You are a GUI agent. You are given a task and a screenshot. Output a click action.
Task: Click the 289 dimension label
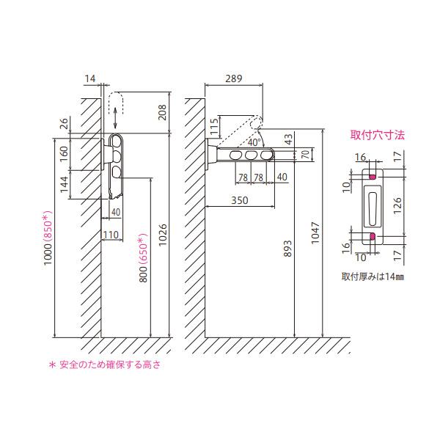click(x=233, y=78)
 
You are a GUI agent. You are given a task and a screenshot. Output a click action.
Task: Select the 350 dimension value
click(x=240, y=200)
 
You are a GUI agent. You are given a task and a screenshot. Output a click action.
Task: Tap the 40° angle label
click(x=254, y=142)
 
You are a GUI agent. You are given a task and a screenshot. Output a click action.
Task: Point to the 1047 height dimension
click(x=315, y=233)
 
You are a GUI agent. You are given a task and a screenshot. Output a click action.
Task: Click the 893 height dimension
click(x=288, y=249)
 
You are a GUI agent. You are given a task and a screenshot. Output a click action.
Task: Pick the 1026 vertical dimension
click(x=163, y=235)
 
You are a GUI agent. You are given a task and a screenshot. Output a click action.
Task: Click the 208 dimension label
click(x=163, y=112)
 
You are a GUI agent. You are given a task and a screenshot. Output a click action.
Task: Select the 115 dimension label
click(x=214, y=127)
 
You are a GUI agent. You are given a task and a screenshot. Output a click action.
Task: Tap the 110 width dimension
click(x=111, y=235)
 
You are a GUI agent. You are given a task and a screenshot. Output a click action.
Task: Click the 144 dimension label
click(x=64, y=184)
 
